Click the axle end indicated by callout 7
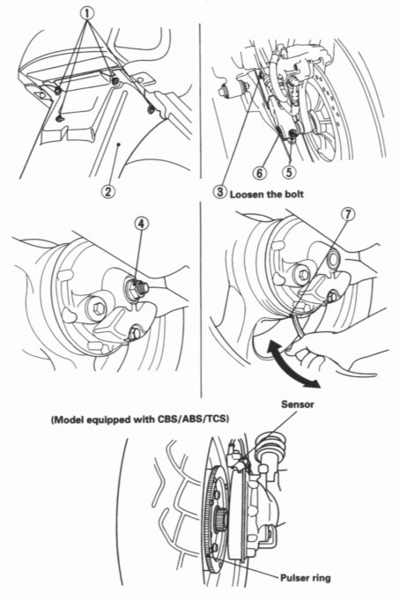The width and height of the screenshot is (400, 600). [x=335, y=257]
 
